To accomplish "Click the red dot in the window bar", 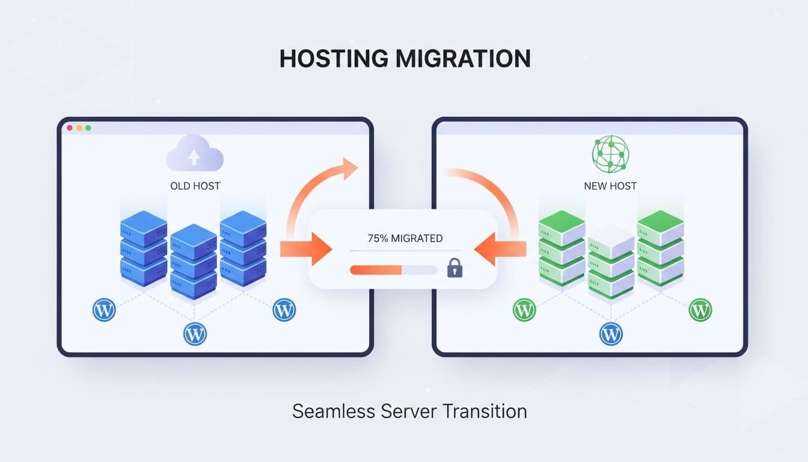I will tap(70, 128).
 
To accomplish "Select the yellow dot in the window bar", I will tap(79, 128).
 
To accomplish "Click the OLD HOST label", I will tap(195, 186).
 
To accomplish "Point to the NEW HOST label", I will tap(610, 186).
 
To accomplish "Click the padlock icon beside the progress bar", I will tap(455, 268).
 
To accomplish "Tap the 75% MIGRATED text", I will tap(405, 238).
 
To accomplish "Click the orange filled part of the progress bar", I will tap(376, 270).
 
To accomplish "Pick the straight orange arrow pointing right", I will tap(307, 248).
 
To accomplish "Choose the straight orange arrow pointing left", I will tap(500, 248).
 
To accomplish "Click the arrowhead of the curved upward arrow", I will tap(349, 168).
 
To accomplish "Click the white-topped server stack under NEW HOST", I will tap(611, 262).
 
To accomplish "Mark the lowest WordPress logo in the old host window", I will tap(194, 333).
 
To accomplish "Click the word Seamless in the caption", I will tap(333, 411).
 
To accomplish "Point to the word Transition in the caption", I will tap(485, 411).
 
